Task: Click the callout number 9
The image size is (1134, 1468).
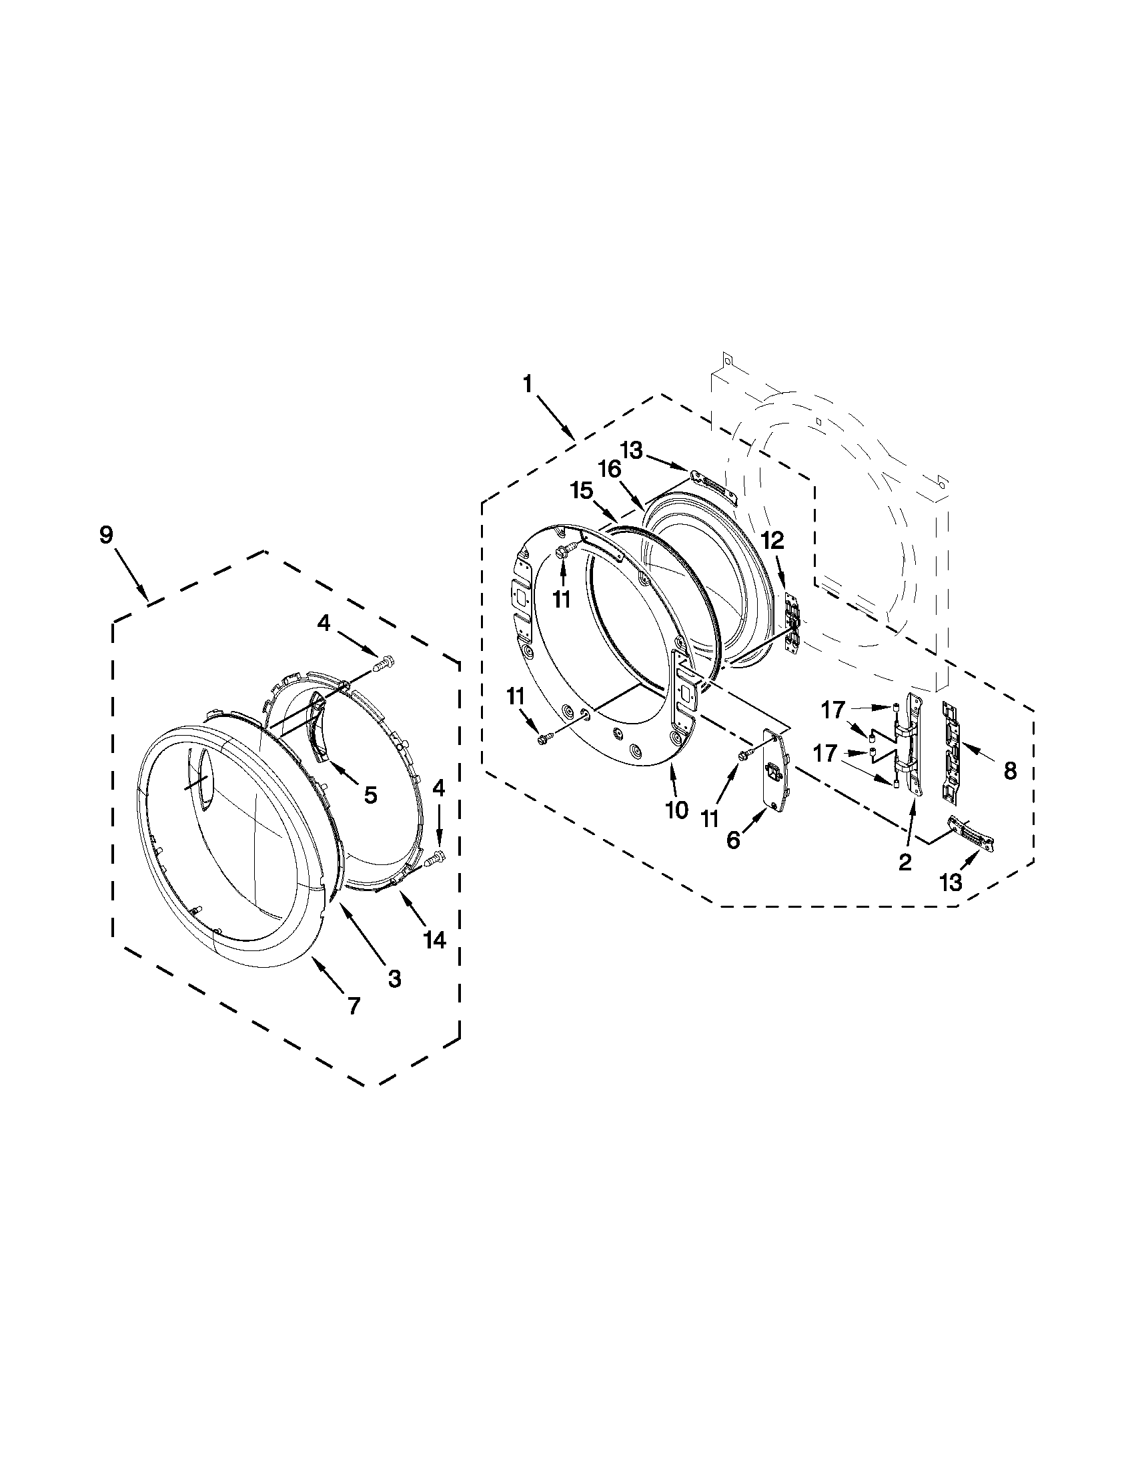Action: click(x=106, y=536)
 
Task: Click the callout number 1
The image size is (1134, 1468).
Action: click(x=528, y=384)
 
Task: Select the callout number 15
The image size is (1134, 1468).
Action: click(x=582, y=492)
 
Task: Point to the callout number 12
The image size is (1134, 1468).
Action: click(x=772, y=539)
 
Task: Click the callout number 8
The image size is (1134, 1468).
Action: click(x=1010, y=771)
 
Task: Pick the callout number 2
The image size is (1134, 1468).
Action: click(x=905, y=862)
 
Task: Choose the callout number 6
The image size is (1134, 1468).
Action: click(x=733, y=840)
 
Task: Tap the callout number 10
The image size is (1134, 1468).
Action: click(x=677, y=810)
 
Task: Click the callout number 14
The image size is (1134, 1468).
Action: click(x=435, y=940)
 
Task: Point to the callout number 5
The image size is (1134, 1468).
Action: click(x=370, y=795)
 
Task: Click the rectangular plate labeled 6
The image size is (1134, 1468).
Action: click(x=773, y=771)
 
